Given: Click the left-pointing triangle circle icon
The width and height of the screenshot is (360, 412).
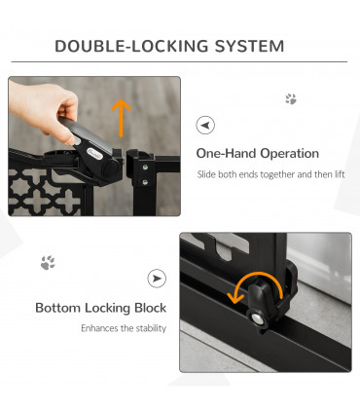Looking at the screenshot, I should pyautogui.click(x=205, y=126).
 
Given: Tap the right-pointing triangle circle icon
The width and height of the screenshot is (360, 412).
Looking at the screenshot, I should pyautogui.click(x=157, y=279).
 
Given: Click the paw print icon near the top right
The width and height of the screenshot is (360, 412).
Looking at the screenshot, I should pyautogui.click(x=290, y=99).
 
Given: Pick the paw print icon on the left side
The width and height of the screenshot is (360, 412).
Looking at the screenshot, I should pyautogui.click(x=48, y=263).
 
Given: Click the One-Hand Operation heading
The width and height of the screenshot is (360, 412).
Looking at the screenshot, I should pyautogui.click(x=257, y=154).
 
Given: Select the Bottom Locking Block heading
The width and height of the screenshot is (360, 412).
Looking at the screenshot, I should pyautogui.click(x=101, y=308).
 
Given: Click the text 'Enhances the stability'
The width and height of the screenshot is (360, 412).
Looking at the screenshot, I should pyautogui.click(x=124, y=328).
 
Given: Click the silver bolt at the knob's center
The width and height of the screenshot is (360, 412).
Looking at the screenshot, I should pyautogui.click(x=258, y=317).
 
